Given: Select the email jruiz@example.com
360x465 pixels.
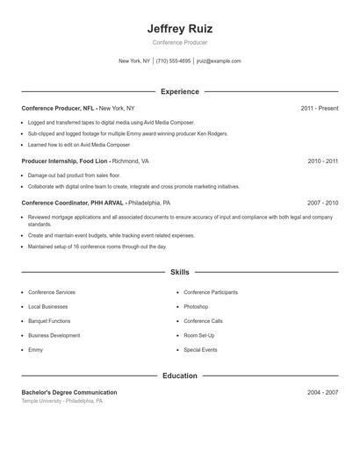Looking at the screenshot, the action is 219,61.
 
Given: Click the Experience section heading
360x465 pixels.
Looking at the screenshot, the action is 179,91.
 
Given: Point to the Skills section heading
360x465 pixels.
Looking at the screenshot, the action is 179,273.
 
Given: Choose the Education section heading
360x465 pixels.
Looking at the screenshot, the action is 179,376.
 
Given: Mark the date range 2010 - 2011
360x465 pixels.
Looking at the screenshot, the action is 322,161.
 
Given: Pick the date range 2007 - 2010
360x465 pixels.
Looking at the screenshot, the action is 322,202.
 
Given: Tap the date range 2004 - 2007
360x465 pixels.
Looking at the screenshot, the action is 322,392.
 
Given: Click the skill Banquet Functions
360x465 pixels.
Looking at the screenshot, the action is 49,321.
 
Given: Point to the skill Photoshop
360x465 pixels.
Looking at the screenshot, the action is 196,307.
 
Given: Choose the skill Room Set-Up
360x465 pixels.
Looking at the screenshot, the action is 199,335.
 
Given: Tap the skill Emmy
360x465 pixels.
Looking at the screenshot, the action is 35,350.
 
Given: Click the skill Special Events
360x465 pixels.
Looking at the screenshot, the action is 200,350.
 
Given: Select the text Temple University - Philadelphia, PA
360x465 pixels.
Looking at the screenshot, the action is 62,401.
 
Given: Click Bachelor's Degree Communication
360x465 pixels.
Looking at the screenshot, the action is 68,392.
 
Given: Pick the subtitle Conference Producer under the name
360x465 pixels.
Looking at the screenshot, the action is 179,42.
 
